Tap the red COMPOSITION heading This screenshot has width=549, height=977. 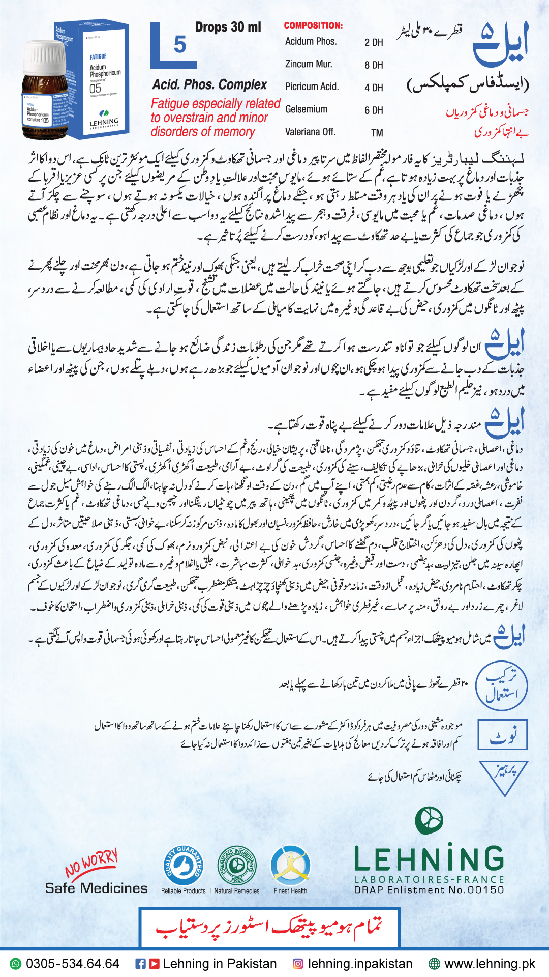click(313, 25)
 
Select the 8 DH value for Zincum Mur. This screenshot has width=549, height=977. click(374, 65)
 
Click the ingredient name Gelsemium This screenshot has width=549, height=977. click(306, 109)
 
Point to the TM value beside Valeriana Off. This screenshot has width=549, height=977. click(377, 133)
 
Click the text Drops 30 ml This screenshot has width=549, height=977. click(228, 27)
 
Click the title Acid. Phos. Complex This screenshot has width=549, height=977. click(209, 84)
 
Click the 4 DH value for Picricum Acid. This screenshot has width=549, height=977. click(374, 88)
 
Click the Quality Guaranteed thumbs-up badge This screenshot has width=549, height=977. click(183, 865)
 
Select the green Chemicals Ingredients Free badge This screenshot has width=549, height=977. click(237, 866)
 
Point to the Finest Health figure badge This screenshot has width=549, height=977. click(290, 866)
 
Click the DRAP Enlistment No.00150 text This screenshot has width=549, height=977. click(429, 890)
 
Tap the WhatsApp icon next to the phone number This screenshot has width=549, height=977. click(16, 964)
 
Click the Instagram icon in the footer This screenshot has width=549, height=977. click(298, 964)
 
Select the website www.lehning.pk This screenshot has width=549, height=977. click(490, 964)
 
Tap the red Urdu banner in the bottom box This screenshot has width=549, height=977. click(269, 928)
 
